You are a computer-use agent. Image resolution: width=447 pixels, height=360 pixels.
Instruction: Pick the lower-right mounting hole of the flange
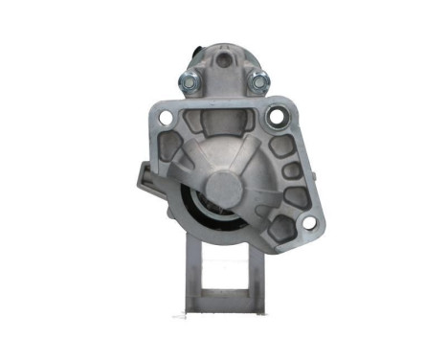(309, 224)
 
